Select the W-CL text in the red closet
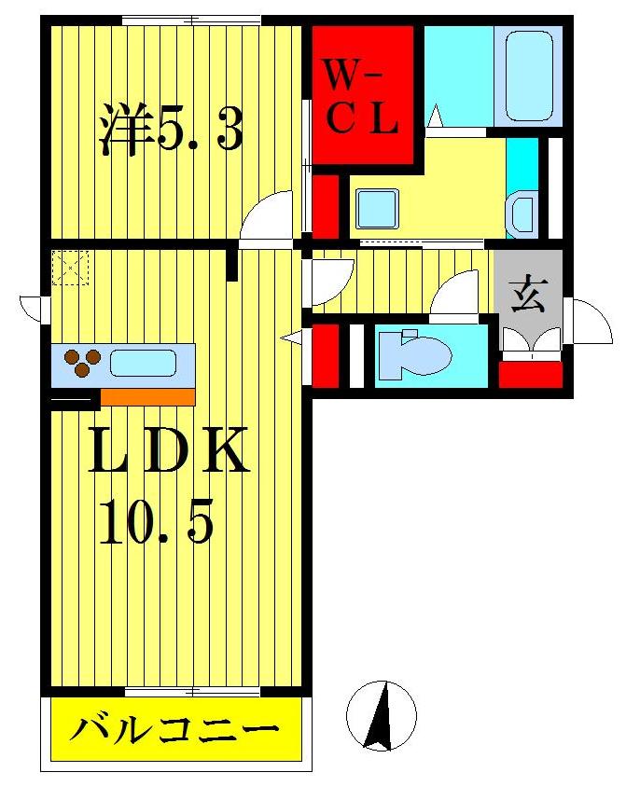(x=362, y=96)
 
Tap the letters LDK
(x=169, y=451)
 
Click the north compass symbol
(x=380, y=715)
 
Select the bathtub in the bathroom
(x=534, y=76)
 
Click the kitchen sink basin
(x=143, y=362)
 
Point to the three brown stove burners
(x=81, y=362)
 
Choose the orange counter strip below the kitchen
(x=147, y=397)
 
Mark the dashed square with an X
(x=70, y=268)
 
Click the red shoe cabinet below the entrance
(x=530, y=373)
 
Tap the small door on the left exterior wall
(x=34, y=308)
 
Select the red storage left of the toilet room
(x=325, y=354)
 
